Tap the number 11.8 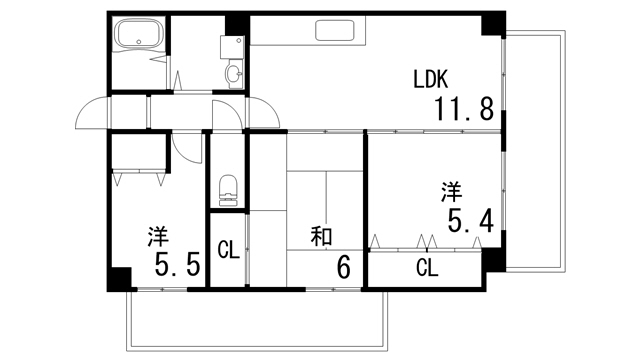pyautogui.click(x=463, y=108)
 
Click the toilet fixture pyautogui.click(x=227, y=188)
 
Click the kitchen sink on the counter pyautogui.click(x=340, y=30)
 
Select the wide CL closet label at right pyautogui.click(x=427, y=268)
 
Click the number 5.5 pyautogui.click(x=178, y=266)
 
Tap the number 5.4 pyautogui.click(x=470, y=219)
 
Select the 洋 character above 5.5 pyautogui.click(x=158, y=237)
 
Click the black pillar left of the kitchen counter pyautogui.click(x=238, y=25)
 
